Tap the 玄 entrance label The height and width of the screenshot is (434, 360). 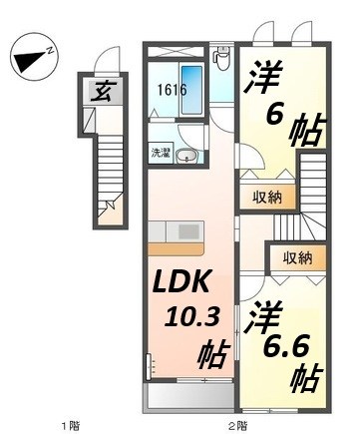(102, 94)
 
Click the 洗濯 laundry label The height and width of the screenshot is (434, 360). (161, 153)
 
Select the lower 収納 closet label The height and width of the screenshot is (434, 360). (297, 258)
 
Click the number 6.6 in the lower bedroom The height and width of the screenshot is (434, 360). (289, 344)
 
